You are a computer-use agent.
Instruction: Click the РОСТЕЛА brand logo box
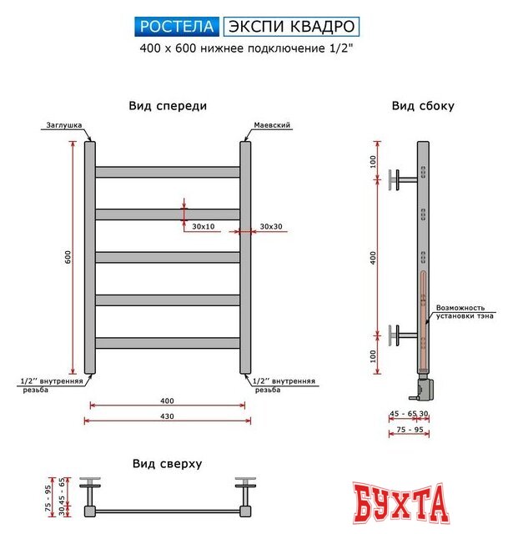click(177, 27)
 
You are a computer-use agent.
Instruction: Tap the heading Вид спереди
click(168, 106)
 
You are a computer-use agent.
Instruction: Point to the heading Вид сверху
click(168, 463)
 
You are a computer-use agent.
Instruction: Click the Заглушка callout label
click(63, 125)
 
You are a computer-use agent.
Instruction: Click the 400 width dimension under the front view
click(168, 401)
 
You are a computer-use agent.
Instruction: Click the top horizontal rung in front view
click(168, 172)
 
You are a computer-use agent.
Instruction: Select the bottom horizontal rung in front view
click(168, 343)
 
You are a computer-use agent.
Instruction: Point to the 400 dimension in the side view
click(375, 259)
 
